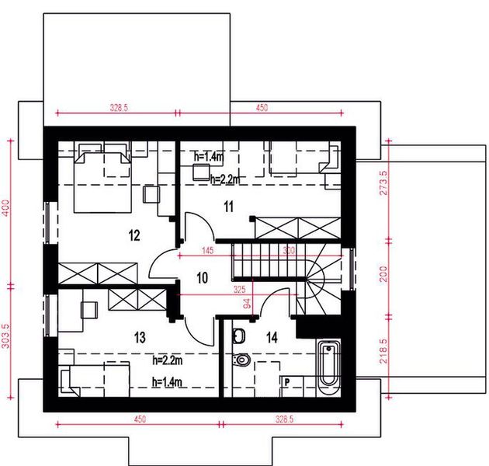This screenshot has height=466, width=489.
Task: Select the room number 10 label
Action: click(x=202, y=278)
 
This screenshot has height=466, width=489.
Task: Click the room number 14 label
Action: click(x=272, y=337)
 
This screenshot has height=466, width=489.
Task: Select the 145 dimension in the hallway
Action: click(x=206, y=251)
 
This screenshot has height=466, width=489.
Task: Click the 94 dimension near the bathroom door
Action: click(x=248, y=304)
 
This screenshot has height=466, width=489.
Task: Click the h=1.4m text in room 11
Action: click(x=207, y=156)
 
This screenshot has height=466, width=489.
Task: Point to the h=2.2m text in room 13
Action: click(x=168, y=360)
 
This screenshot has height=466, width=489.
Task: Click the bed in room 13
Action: click(x=99, y=379)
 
